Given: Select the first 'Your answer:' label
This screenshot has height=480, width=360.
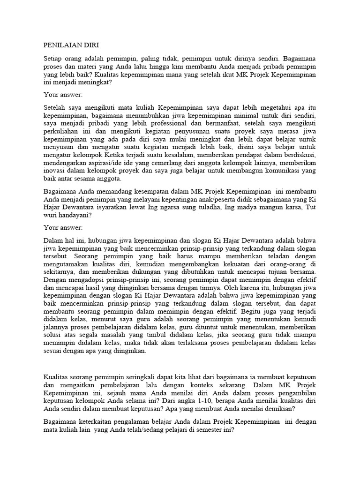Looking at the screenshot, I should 63,94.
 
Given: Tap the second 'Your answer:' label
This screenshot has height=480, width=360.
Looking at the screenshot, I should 63,227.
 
